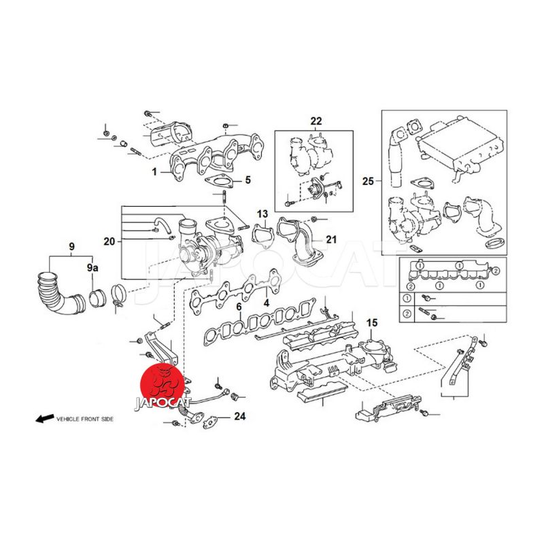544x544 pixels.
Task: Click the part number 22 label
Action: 316,121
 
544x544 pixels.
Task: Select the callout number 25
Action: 368,182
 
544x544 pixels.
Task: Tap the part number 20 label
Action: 109,241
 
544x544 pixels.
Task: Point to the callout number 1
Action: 154,172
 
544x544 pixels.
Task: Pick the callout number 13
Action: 262,214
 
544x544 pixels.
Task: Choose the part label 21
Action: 331,239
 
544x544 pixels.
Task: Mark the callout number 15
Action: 371,322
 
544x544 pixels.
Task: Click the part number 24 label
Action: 240,415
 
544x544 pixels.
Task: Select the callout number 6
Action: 239,308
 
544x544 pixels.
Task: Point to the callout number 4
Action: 267,302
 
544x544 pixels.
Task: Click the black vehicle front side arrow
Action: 44,419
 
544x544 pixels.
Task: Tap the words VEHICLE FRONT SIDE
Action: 85,419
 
